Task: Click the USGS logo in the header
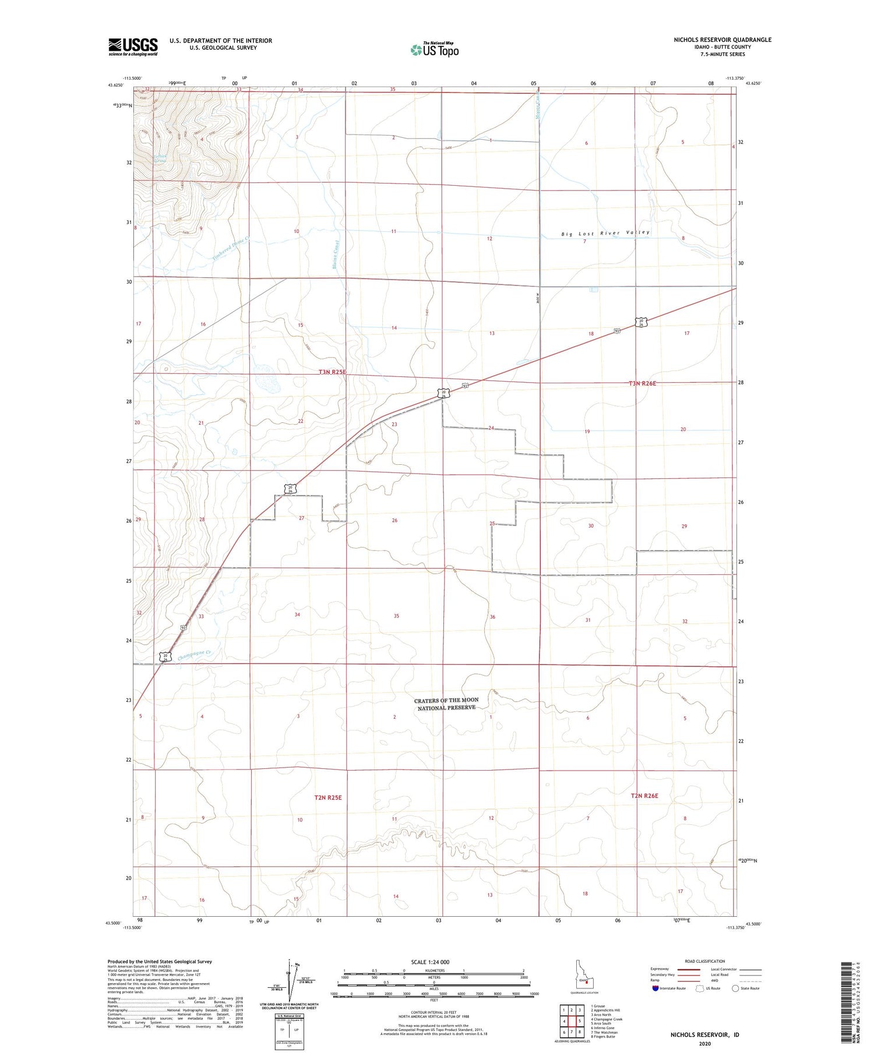click(133, 47)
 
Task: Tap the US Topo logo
click(435, 50)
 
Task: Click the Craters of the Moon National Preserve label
click(446, 704)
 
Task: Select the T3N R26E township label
click(642, 383)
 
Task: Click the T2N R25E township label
click(320, 797)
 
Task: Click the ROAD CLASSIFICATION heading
click(705, 961)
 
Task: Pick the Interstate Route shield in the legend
click(657, 988)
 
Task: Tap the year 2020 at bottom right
click(704, 1043)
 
